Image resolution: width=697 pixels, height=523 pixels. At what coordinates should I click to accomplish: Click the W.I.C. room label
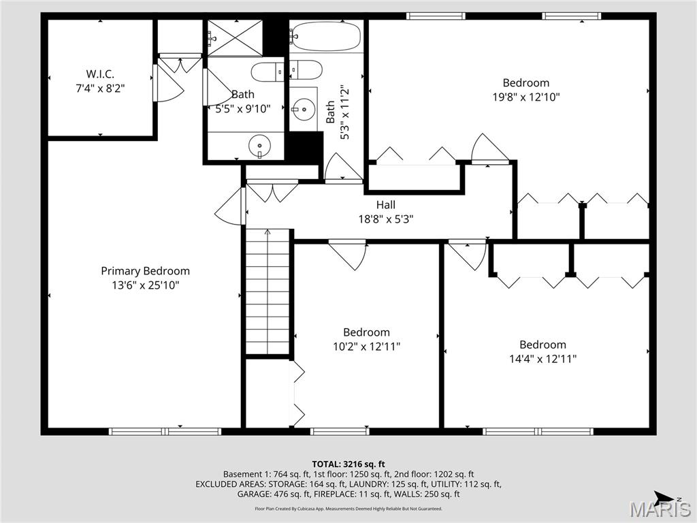point(100,73)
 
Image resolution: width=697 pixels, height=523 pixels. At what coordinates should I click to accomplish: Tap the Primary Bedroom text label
point(145,271)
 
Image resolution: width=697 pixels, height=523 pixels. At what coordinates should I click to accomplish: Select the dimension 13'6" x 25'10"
point(145,285)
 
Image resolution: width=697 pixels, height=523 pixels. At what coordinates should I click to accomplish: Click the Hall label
point(385,204)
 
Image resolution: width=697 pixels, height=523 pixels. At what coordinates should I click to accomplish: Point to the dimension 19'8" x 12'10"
point(525,97)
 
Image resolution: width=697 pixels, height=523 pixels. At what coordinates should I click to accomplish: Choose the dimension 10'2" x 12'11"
point(366,347)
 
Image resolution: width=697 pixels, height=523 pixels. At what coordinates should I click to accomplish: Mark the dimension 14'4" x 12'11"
point(542,359)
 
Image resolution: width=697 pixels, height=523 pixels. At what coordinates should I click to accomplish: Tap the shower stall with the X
point(234,37)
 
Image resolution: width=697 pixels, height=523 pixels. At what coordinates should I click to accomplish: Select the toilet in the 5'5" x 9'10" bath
point(267,71)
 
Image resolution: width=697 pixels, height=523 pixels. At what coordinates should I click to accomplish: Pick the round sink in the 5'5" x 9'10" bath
point(259,144)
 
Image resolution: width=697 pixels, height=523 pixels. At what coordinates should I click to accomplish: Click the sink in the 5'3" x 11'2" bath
point(303,108)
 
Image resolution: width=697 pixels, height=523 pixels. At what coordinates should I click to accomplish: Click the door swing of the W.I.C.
point(167,82)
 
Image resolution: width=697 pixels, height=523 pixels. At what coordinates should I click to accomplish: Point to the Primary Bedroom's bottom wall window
point(165,431)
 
